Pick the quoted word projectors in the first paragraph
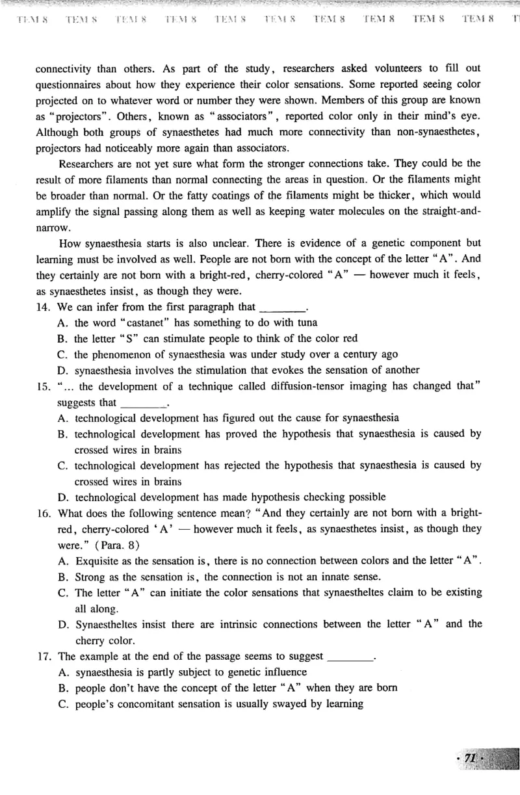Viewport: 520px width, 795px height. pos(75,116)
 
